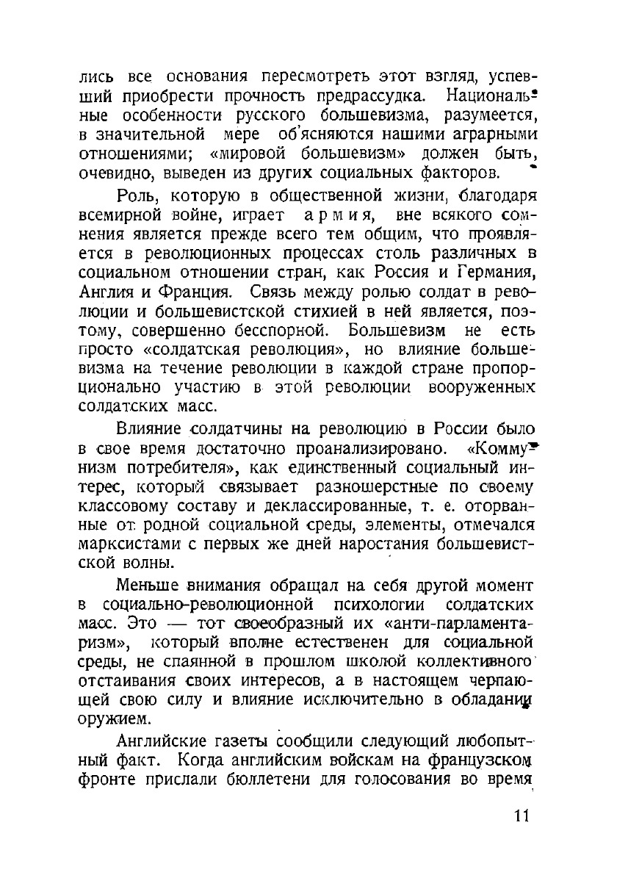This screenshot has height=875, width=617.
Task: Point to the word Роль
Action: (137, 198)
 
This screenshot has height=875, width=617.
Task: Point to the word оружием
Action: (107, 719)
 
